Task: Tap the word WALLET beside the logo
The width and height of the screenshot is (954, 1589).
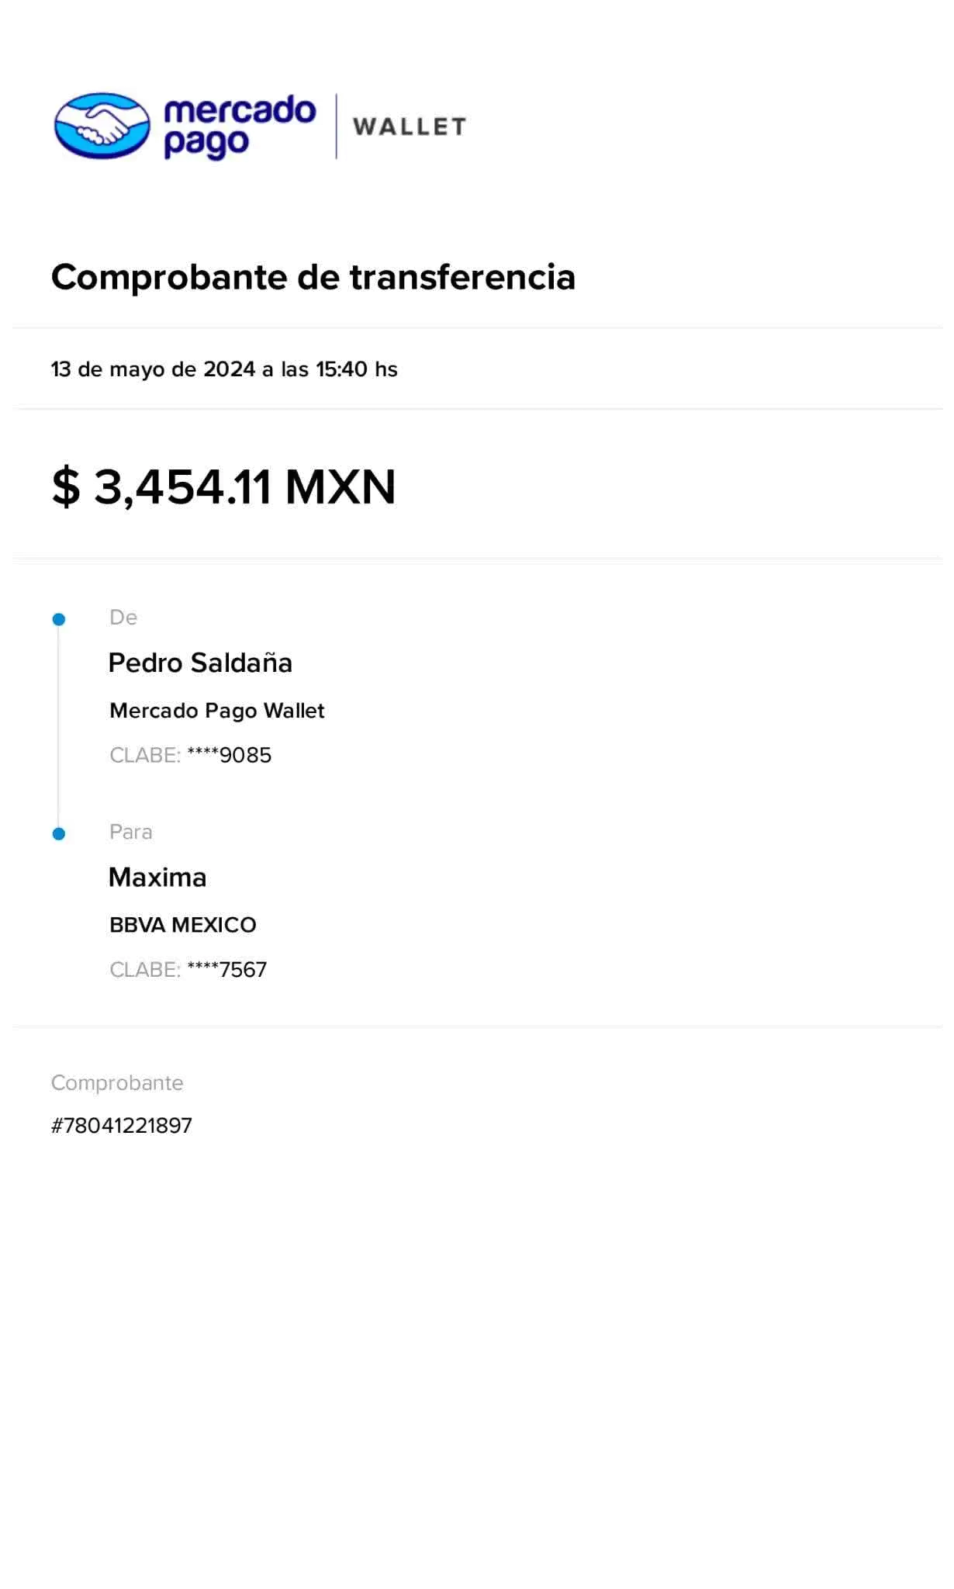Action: [410, 126]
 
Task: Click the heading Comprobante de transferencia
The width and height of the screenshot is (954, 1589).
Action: [313, 278]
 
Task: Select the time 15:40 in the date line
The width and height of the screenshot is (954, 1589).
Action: [341, 369]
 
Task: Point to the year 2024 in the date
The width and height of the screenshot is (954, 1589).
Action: [230, 369]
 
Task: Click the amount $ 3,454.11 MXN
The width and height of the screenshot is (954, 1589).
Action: [223, 487]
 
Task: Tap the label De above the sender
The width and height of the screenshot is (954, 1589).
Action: [123, 618]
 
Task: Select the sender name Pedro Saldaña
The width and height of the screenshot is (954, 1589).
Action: [199, 663]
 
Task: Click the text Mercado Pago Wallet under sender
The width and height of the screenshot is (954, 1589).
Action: [216, 711]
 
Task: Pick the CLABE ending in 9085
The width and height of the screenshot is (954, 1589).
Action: [191, 755]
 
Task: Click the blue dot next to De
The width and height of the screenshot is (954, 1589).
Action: [59, 619]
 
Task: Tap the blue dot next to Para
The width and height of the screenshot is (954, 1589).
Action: [59, 834]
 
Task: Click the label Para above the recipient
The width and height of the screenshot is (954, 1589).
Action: [130, 833]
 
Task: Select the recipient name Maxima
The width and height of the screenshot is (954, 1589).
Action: [157, 878]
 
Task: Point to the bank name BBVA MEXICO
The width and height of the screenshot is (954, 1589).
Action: [182, 925]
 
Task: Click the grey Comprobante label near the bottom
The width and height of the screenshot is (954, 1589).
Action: [117, 1083]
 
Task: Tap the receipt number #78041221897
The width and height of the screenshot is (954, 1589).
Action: [121, 1126]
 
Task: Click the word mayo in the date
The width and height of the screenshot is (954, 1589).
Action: [137, 369]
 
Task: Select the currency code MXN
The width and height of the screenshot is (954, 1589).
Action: [340, 487]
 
